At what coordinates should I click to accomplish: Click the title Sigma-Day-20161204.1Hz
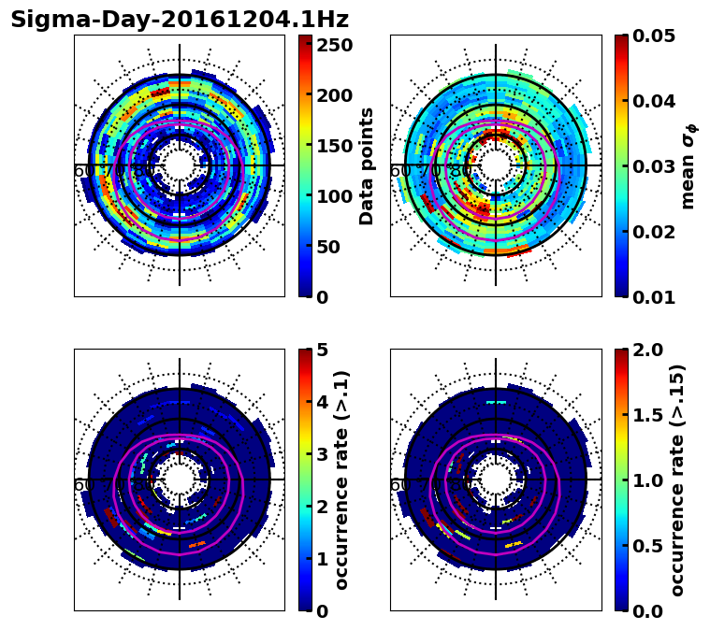[x=179, y=20]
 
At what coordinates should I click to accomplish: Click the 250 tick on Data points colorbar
[x=333, y=45]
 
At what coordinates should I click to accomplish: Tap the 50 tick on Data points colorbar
[x=333, y=247]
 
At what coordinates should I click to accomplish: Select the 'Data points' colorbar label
[x=367, y=165]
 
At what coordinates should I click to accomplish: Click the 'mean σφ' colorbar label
[x=688, y=165]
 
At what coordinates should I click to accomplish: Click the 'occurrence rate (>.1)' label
[x=342, y=480]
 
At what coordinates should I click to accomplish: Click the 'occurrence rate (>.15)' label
[x=677, y=480]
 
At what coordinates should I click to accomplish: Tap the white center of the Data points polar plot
[x=180, y=165]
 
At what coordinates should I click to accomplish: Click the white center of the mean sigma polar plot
[x=496, y=165]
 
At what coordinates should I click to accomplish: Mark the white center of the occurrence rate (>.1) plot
[x=180, y=480]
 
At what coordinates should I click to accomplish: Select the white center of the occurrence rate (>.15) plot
[x=496, y=480]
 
